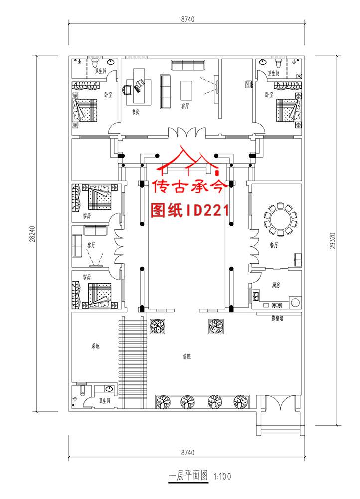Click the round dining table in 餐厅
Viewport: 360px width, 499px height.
pos(280,220)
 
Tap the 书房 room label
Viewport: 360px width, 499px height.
pos(135,112)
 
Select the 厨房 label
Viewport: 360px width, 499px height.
pos(277,285)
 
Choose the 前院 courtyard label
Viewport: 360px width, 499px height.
pos(187,357)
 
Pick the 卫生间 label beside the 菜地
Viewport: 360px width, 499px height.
pos(104,400)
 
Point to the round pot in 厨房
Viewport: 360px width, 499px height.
pos(295,302)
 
